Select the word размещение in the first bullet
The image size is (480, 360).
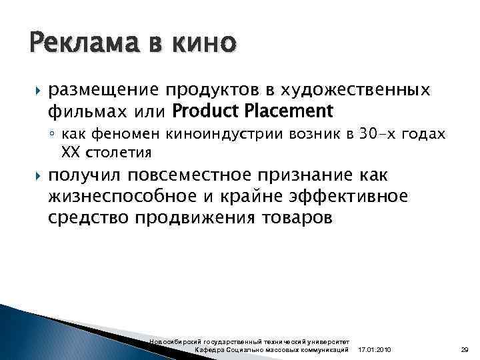click(109, 90)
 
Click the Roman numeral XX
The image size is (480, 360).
click(70, 153)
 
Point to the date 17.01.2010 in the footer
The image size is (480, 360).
click(375, 350)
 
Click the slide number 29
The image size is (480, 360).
click(465, 350)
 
